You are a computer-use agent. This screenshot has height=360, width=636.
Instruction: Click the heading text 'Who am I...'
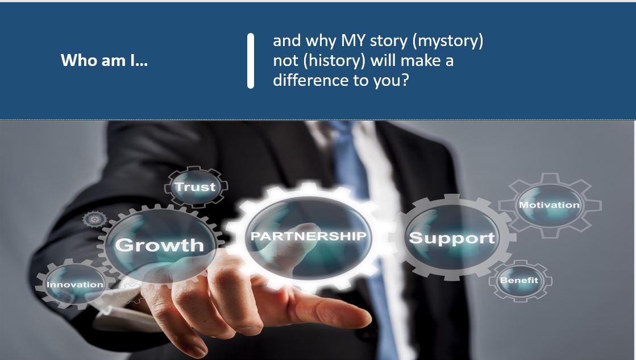coord(104,60)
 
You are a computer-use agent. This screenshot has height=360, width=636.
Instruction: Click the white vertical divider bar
coord(251,61)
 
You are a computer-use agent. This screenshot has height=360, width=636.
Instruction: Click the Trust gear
coord(196,187)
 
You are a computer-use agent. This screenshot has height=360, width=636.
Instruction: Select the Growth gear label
coord(159,245)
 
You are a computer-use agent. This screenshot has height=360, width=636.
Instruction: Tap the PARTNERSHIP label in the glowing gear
coord(308,236)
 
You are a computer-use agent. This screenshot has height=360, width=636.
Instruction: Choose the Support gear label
coord(452,238)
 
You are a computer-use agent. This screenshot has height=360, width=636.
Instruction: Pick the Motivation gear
coord(550,205)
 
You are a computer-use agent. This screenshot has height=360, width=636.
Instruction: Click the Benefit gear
coord(519,280)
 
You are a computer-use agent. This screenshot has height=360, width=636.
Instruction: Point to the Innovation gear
coord(75,284)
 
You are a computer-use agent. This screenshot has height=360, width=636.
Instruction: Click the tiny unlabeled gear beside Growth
coord(95,220)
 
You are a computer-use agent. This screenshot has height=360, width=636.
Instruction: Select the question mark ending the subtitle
coord(405,80)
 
